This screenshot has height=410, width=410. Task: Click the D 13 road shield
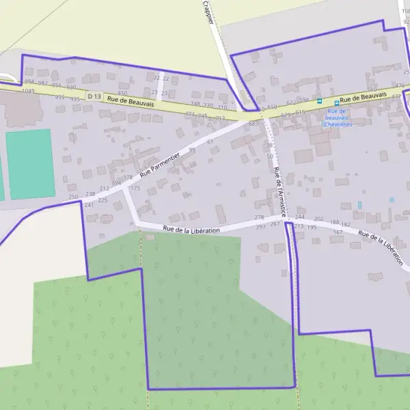94,96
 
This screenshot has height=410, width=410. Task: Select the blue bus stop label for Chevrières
337,117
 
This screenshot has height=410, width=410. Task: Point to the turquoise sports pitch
30,164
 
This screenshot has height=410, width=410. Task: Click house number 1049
28,91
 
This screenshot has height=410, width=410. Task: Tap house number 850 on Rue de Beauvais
123,93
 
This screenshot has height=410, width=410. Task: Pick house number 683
254,124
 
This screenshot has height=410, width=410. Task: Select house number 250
74,197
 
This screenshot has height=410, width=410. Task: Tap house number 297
260,226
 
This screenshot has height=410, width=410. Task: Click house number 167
338,232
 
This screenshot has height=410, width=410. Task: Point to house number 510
372,90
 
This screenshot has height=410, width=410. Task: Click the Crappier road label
209,12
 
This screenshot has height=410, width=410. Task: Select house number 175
135,188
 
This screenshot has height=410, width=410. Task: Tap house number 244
299,217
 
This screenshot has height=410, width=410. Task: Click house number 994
29,81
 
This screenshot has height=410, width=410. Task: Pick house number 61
210,141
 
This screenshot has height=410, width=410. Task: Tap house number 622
292,102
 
